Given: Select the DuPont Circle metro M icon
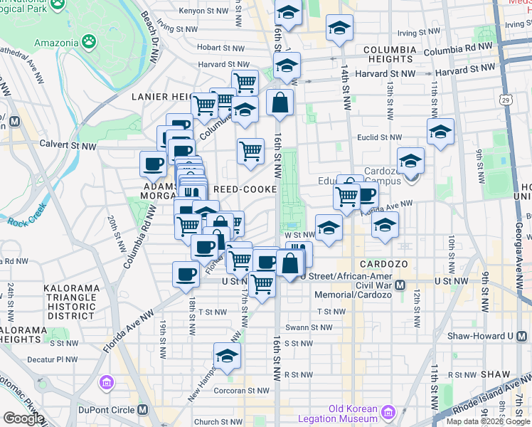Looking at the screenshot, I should coord(144,411).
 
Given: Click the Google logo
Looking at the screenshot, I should coord(23,418).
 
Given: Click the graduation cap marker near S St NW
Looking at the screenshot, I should coord(227,356).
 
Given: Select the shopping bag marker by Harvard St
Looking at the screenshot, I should coord(280,102).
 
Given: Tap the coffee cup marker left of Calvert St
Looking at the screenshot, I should coord(153,164).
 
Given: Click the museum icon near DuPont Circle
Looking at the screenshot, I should coord(107,384).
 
